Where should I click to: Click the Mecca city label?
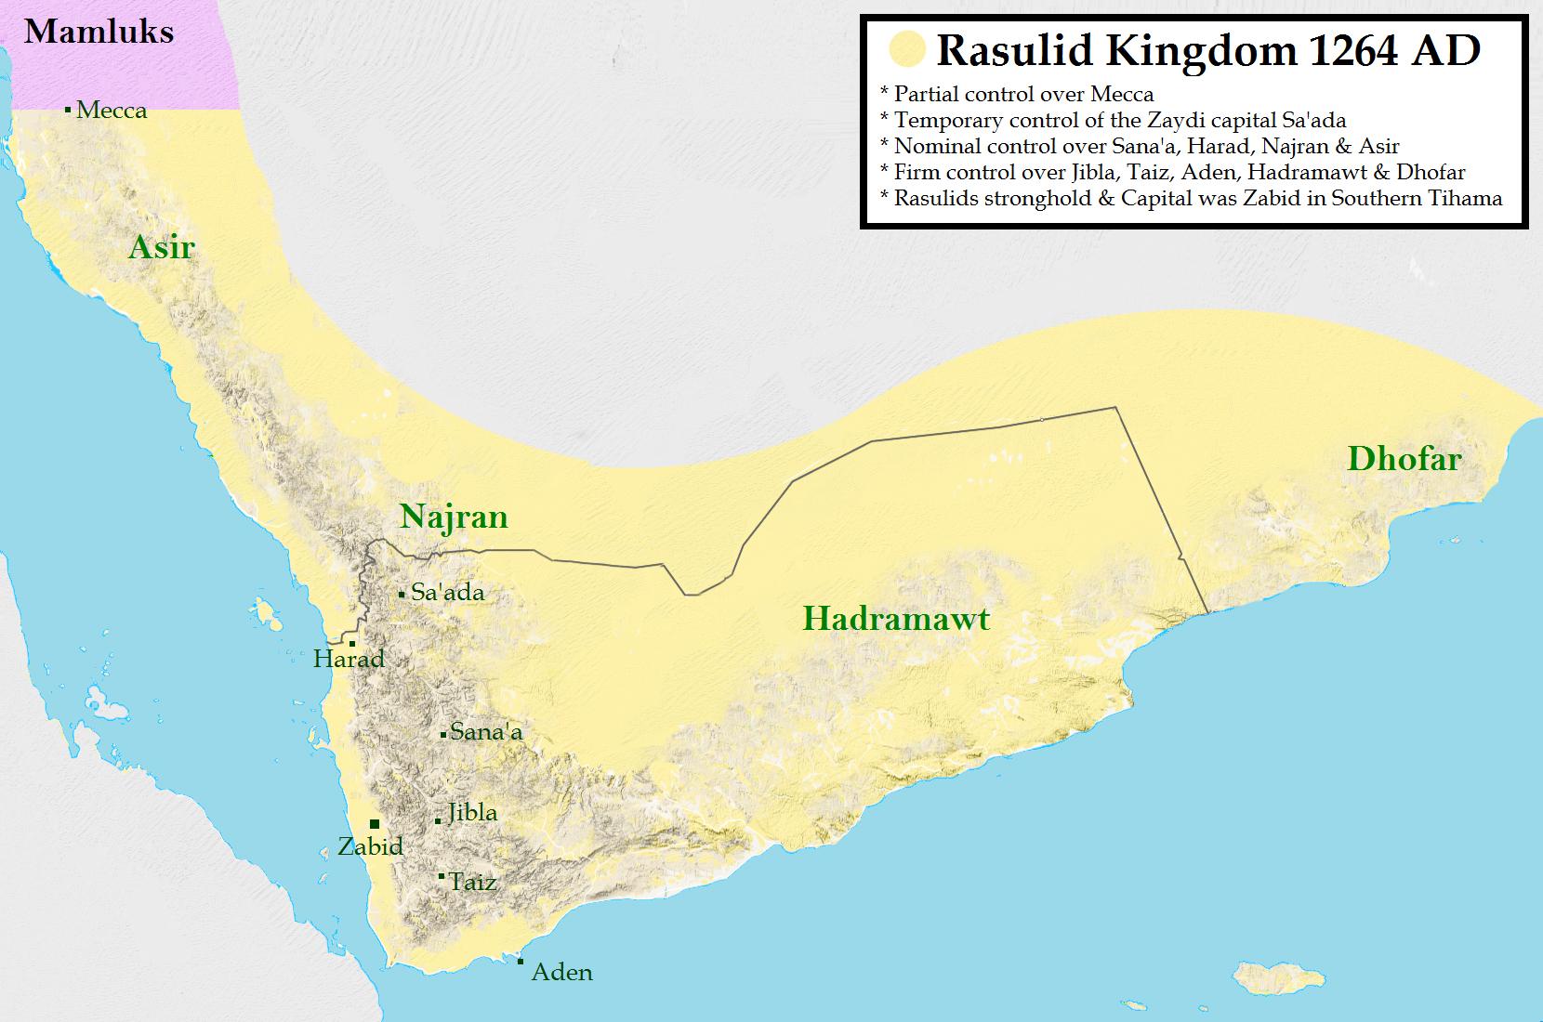tap(112, 111)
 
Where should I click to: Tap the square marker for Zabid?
tap(375, 824)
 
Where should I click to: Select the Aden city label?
tap(561, 973)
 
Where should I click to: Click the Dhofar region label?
tap(1404, 459)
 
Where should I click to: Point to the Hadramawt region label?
tap(896, 619)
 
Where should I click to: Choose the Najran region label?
tap(454, 518)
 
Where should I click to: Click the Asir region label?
tap(162, 247)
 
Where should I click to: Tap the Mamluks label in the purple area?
tap(99, 33)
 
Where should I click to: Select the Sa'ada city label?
tap(447, 593)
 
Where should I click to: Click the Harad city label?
tap(349, 660)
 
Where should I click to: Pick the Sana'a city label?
tap(486, 733)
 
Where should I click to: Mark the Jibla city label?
tap(472, 813)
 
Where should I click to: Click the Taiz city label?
tap(472, 883)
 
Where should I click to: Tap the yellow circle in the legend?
tap(906, 50)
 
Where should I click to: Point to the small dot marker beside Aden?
tap(521, 962)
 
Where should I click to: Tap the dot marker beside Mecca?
tap(68, 110)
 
